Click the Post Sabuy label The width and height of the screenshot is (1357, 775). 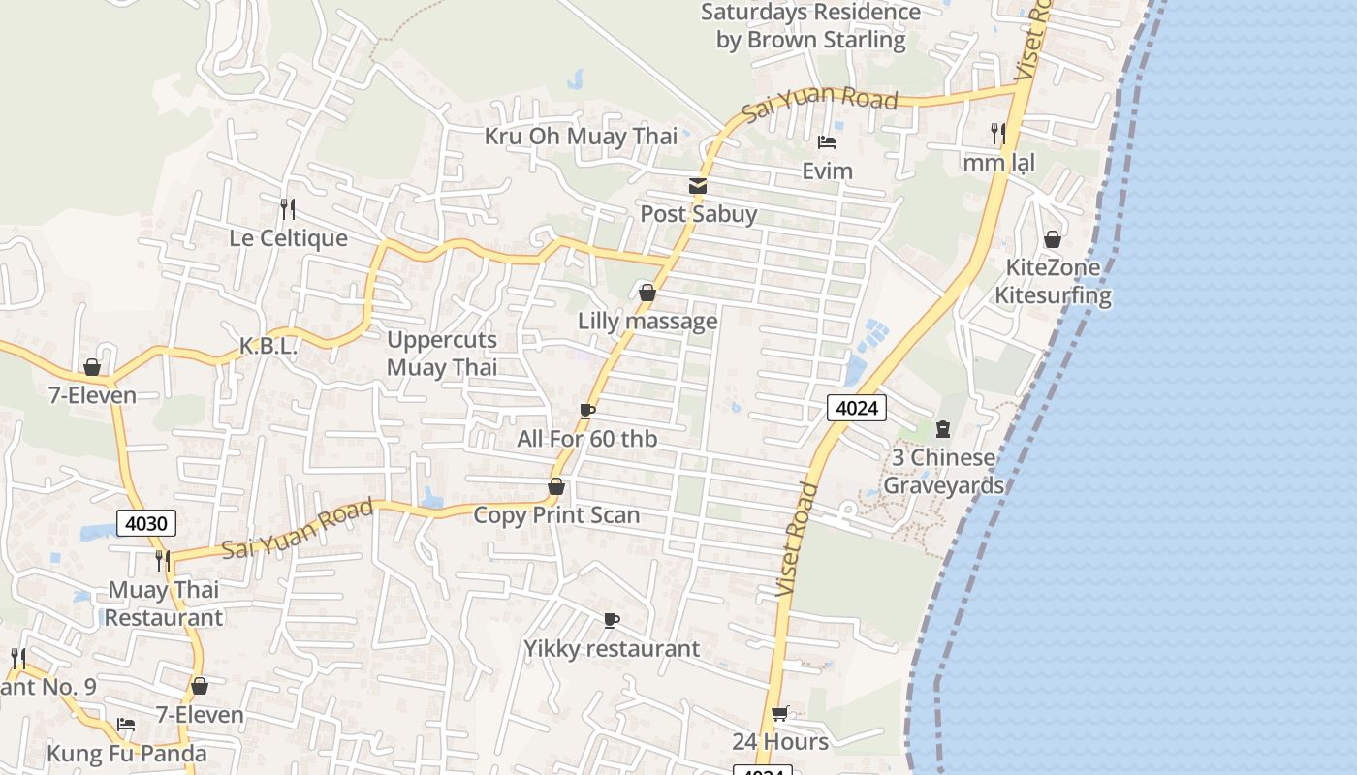tap(698, 214)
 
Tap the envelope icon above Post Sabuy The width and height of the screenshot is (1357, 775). tap(698, 186)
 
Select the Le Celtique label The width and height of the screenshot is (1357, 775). tap(288, 238)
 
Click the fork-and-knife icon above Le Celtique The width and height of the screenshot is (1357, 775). tap(288, 208)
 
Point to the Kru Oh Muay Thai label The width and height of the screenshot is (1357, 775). tap(581, 137)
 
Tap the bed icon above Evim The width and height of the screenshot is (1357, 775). tap(827, 142)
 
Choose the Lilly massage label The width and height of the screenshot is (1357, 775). tap(647, 321)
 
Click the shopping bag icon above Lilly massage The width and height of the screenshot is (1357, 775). tap(647, 293)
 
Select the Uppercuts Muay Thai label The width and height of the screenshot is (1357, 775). tap(442, 354)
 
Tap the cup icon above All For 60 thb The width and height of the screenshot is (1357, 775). tap(587, 411)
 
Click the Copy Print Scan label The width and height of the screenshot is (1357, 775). tap(556, 515)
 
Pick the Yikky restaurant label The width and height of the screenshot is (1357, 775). tap(612, 649)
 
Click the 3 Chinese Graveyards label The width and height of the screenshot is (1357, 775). tap(943, 472)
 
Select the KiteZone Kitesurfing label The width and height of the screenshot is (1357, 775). tap(1053, 282)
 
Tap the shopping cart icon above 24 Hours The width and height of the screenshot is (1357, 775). tap(780, 714)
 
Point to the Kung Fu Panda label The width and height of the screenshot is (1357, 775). tap(127, 754)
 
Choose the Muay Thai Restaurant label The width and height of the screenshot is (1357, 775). tap(164, 604)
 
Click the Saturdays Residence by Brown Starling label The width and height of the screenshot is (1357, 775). tap(810, 26)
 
